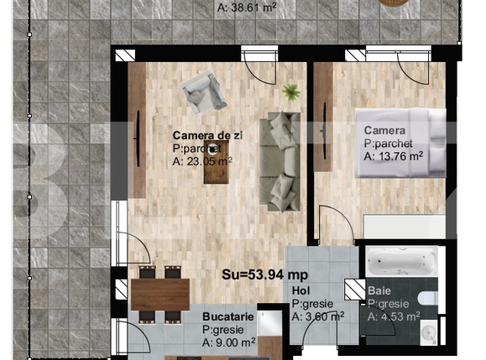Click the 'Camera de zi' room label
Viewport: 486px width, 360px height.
pos(207,136)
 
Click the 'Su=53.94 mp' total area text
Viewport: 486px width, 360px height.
pos(265,274)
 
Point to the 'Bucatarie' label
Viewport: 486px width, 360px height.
pos(228,316)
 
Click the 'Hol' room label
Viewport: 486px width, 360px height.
pos(300,290)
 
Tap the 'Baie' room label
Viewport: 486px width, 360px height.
pos(379,290)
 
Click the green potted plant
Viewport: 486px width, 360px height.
pos(290,92)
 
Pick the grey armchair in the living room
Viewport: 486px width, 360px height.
pos(204,91)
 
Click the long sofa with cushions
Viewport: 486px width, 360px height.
pos(280,162)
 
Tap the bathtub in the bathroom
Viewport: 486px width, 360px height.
pos(402,261)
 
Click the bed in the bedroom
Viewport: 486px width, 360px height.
pos(400,143)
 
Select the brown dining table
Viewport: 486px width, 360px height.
pos(160,295)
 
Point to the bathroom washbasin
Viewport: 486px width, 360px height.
pos(429,333)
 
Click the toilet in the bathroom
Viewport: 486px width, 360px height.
pos(428,299)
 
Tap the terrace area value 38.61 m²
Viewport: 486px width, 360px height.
pos(247,7)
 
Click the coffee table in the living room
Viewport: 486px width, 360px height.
pos(217,162)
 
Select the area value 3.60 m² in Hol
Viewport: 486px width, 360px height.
pos(318,316)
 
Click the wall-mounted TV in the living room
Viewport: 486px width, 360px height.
pos(138,138)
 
